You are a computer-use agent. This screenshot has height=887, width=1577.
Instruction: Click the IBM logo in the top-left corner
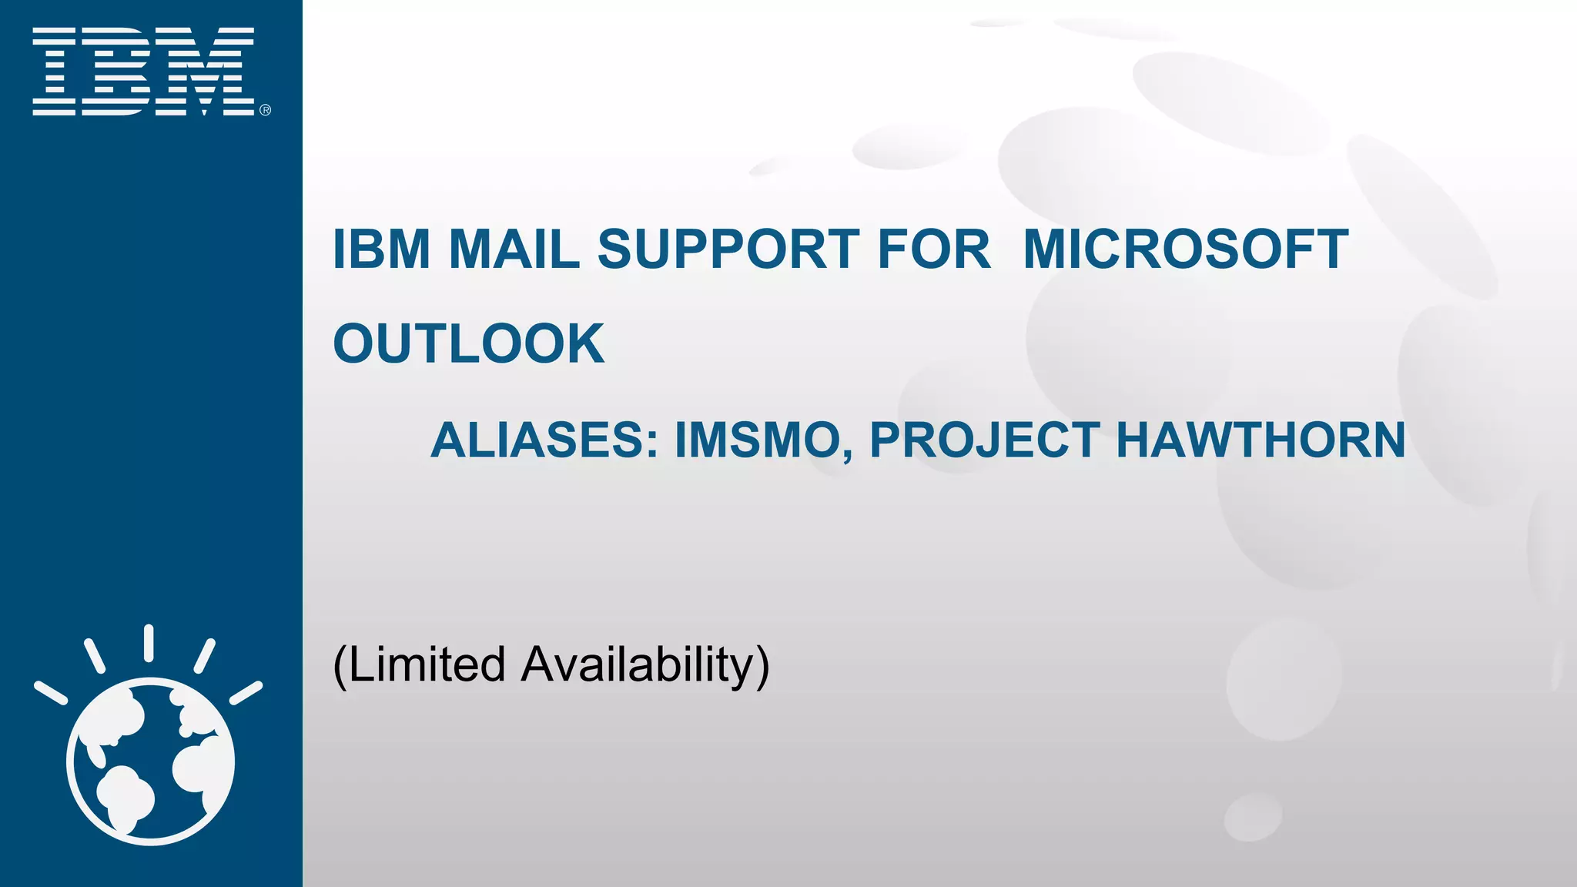coord(143,72)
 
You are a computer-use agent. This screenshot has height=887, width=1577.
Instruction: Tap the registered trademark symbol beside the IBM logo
coord(266,110)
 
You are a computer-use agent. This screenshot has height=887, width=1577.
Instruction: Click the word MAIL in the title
coord(514,249)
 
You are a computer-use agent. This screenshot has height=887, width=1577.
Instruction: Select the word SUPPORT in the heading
coord(728,249)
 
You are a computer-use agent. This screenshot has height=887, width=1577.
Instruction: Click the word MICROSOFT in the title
coord(1186,249)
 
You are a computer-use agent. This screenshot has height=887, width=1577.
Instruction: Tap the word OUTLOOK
coord(468,343)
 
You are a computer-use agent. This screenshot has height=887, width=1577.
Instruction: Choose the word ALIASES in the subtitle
coord(544,440)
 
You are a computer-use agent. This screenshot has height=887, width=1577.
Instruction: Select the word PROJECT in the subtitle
coord(985,440)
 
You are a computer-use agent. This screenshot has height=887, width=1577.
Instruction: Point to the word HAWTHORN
coord(1261,440)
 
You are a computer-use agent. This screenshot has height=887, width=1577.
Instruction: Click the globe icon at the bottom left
coord(150,761)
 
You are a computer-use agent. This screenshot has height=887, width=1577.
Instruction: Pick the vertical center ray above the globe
coord(149,643)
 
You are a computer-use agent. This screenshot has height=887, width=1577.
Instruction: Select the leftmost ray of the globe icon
coord(51,692)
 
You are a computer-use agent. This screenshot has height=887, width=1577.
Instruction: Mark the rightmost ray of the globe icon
coord(246,692)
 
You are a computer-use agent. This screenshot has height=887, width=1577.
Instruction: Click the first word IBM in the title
coord(381,249)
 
